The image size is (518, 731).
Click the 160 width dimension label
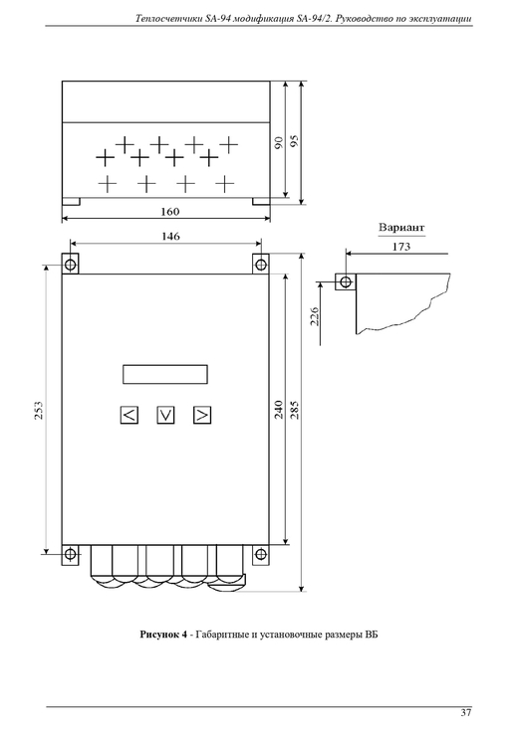point(170,212)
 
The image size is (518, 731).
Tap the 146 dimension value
point(171,237)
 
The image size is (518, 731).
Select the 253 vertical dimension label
point(39,410)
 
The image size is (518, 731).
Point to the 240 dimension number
point(279,410)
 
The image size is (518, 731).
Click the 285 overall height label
point(295,410)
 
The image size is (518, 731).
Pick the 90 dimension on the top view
point(279,142)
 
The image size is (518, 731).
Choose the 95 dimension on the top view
point(295,141)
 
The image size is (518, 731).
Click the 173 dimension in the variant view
point(400,247)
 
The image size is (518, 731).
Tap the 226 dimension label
point(315,316)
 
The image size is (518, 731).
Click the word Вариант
point(401,228)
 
